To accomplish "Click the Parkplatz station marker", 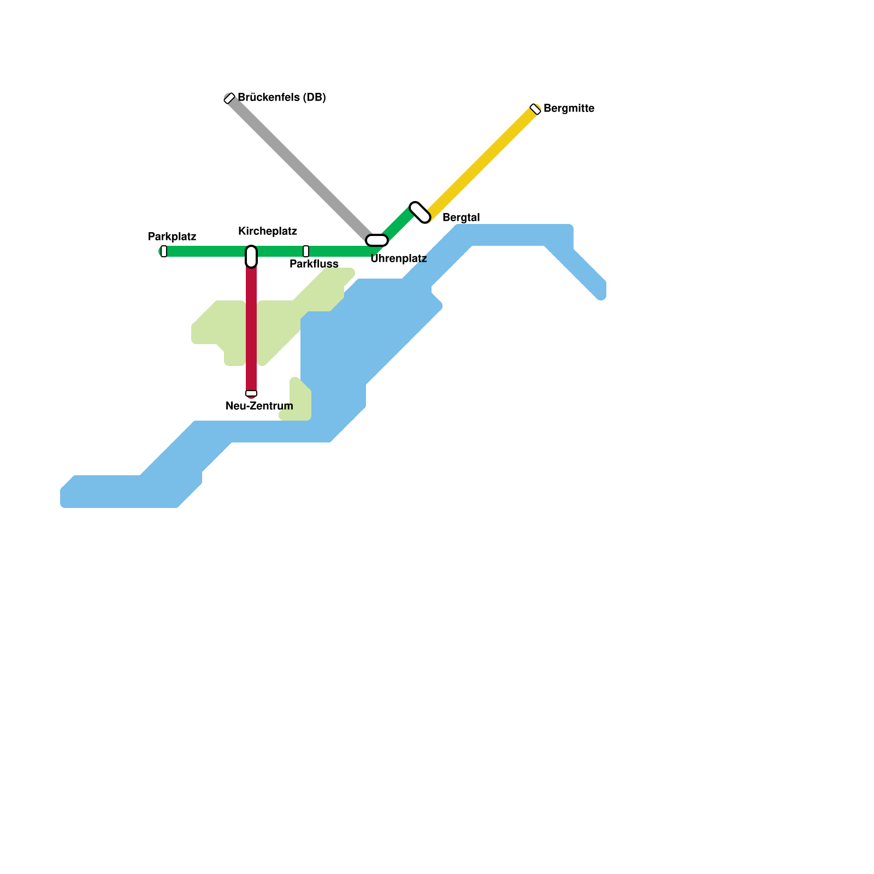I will tap(164, 251).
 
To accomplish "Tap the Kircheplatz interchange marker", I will tap(251, 256).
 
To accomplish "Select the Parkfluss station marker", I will tap(306, 251).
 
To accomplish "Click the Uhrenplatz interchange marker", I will tap(377, 240).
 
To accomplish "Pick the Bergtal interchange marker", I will tap(420, 212).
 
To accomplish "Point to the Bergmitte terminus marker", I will tap(535, 109).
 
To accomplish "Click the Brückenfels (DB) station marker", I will tap(229, 98).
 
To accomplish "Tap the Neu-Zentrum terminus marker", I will tap(251, 393).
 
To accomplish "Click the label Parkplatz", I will tap(172, 237).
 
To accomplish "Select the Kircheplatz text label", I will tap(268, 231).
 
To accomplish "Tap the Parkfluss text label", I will tap(314, 264).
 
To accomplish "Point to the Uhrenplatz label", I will tap(398, 259).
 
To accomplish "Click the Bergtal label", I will tap(461, 217).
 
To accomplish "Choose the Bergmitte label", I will tap(569, 108).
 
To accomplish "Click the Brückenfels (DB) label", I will tap(282, 98).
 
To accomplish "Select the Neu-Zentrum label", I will tap(259, 406).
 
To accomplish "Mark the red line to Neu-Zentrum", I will tap(251, 328).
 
